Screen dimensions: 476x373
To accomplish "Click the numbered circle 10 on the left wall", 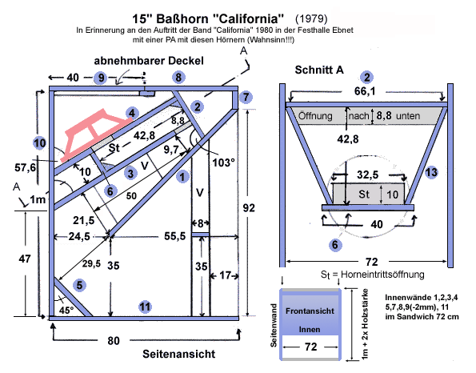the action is tap(39, 143).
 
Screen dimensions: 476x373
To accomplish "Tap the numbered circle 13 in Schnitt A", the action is tap(431, 173).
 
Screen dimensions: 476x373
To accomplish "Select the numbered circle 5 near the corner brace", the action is tap(79, 285).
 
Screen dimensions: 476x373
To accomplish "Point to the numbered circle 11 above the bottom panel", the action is tap(145, 307).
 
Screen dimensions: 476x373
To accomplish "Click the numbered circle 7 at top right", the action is tap(246, 97).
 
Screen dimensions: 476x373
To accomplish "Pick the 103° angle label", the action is tap(224, 162).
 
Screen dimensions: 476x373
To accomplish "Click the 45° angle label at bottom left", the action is tap(66, 311).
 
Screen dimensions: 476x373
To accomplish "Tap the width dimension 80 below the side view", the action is tap(114, 340).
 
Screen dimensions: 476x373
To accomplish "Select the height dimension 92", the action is tap(249, 208).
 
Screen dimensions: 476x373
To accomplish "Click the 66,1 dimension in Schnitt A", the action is tap(365, 91).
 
